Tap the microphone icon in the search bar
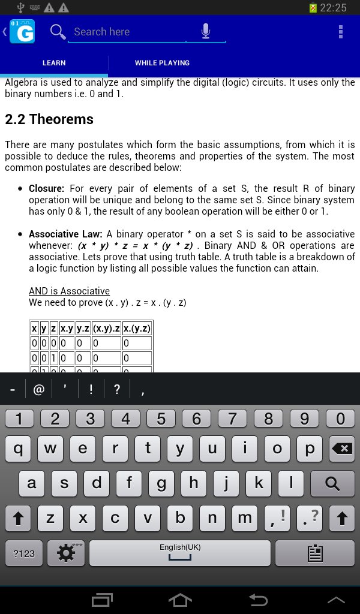206,32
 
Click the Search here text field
129,32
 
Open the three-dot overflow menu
341,32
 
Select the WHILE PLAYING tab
162,63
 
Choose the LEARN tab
54,63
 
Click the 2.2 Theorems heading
49,119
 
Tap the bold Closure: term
47,188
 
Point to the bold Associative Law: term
66,234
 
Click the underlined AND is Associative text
69,291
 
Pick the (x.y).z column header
106,329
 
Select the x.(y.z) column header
137,329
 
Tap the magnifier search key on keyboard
332,483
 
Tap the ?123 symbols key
24,553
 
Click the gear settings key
65,553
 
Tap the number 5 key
161,419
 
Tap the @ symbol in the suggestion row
39,390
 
